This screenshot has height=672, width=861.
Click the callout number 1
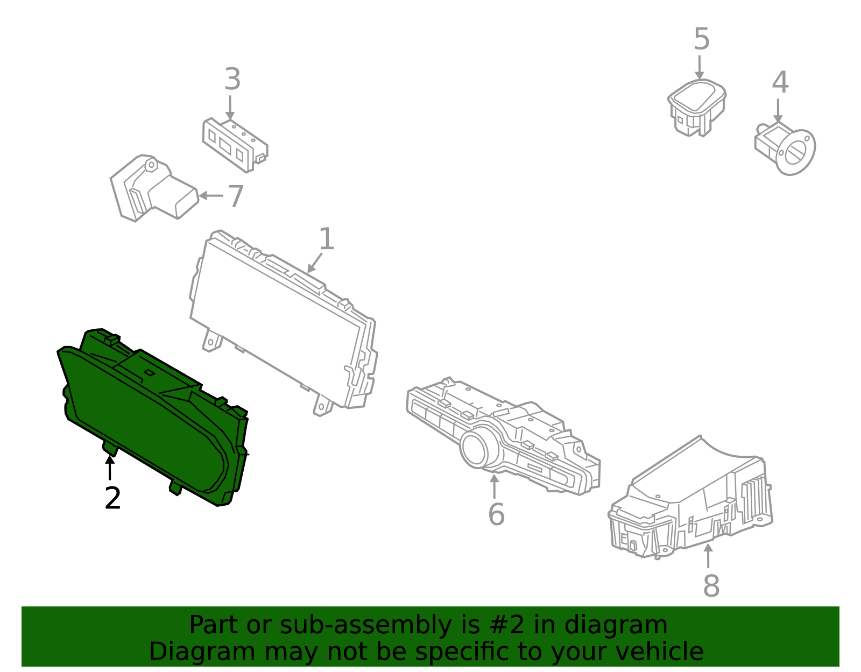click(x=327, y=238)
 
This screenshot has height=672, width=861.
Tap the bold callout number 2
click(x=112, y=498)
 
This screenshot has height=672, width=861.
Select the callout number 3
click(x=232, y=79)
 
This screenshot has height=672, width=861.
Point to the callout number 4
click(x=780, y=82)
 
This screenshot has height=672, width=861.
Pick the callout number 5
click(x=701, y=39)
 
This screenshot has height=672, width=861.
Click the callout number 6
click(x=496, y=514)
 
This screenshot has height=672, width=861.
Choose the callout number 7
click(x=236, y=196)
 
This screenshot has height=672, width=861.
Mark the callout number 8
click(x=711, y=585)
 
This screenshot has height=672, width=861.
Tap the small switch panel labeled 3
click(x=235, y=145)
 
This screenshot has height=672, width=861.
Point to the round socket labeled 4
click(x=785, y=148)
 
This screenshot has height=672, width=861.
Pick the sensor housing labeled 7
click(x=154, y=188)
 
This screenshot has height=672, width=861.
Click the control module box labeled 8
click(x=690, y=498)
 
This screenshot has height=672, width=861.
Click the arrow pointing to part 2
click(x=110, y=468)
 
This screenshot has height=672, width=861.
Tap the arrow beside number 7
click(x=211, y=196)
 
